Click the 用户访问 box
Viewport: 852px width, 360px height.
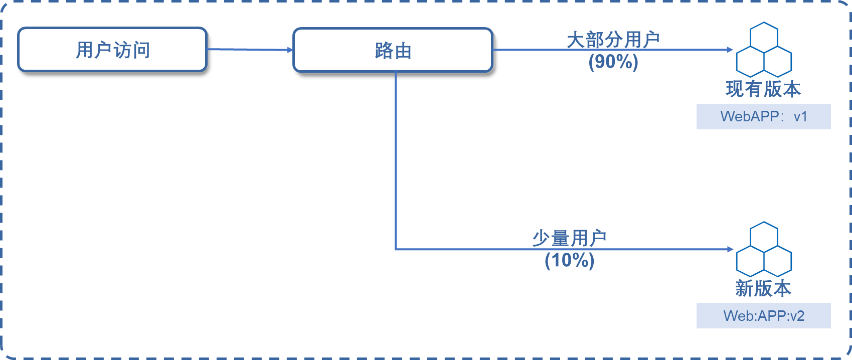(113, 50)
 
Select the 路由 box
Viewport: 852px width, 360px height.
(393, 50)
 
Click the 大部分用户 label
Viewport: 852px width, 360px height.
(613, 40)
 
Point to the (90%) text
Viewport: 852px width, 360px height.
(613, 62)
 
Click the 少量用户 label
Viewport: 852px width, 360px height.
(569, 238)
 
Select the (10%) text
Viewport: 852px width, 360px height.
(569, 260)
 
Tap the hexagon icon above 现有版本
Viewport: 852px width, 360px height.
(764, 50)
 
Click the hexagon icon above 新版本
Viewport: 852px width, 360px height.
(764, 250)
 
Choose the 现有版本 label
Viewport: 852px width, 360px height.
(763, 89)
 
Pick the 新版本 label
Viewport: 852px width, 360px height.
(763, 288)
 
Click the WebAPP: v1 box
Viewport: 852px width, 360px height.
(763, 117)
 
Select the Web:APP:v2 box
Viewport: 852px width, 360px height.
(763, 316)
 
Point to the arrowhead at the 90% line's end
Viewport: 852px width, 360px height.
(731, 50)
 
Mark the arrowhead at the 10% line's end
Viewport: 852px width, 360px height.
(731, 249)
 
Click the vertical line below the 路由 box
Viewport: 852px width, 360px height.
(396, 160)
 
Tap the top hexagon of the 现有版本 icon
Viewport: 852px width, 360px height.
(764, 36)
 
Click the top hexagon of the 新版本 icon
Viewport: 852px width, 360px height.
(764, 236)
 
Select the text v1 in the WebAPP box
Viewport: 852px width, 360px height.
(800, 117)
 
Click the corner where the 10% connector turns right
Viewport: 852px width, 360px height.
(396, 249)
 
